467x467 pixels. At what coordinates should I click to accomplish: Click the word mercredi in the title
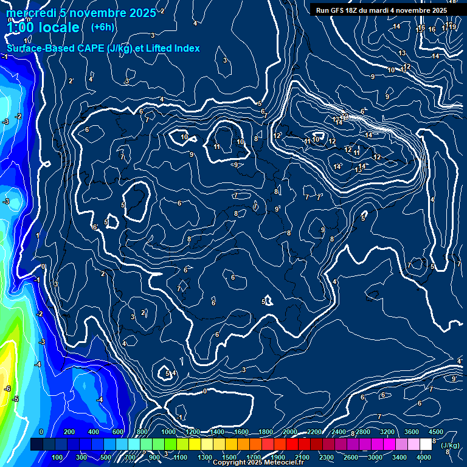30,13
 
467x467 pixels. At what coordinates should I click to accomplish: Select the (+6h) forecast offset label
102,27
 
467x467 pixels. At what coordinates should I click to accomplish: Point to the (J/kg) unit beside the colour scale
450,445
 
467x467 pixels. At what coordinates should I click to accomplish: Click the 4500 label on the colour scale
435,432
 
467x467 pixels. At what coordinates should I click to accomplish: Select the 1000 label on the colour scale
168,432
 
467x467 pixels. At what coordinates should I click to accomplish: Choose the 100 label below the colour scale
58,457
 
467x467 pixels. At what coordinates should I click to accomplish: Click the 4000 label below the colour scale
424,457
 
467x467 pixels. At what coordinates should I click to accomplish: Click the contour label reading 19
453,27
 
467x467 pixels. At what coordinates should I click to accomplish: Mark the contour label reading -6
7,389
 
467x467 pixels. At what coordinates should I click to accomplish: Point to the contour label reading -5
16,400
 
